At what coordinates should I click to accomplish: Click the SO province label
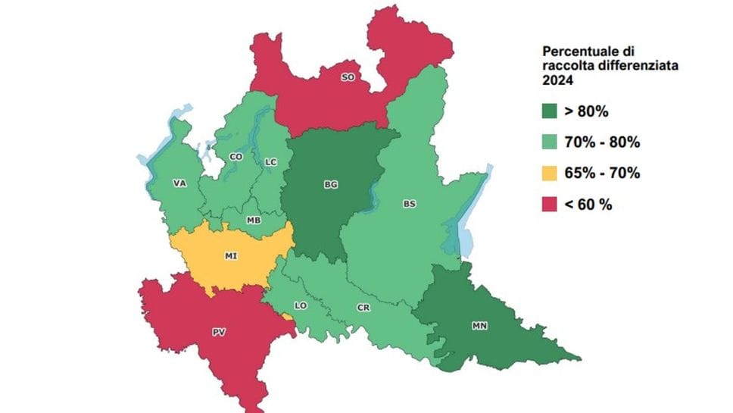[348, 77]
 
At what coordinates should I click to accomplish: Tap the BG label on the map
[331, 184]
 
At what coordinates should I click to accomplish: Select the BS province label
[409, 204]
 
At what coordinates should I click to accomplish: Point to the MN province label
[479, 326]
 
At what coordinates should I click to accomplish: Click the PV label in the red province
[219, 332]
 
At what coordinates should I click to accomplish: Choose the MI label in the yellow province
[230, 256]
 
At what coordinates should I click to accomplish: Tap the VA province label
[179, 183]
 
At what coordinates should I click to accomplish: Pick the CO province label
[235, 157]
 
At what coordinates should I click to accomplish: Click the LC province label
[271, 162]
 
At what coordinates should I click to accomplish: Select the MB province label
[254, 221]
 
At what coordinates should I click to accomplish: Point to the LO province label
[300, 305]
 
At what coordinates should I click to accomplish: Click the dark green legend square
[551, 111]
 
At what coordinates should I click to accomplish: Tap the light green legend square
[551, 142]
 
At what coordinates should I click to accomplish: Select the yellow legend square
[551, 174]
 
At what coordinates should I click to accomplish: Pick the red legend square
[551, 204]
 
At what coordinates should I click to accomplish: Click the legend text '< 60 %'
[588, 204]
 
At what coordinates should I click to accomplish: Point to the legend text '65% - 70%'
[602, 174]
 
